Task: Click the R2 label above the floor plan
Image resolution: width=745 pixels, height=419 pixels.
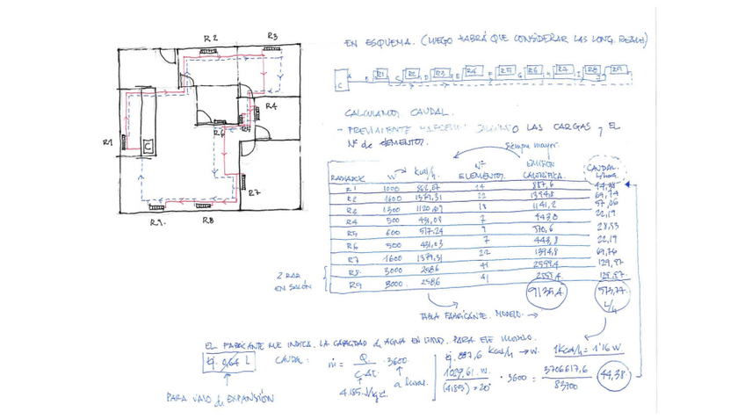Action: (x=211, y=38)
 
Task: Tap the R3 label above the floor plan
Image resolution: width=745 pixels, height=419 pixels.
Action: (x=272, y=36)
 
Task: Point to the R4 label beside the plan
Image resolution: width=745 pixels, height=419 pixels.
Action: (x=271, y=106)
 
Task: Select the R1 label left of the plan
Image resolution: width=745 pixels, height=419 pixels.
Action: (x=107, y=142)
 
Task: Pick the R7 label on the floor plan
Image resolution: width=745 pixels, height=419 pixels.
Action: (x=253, y=192)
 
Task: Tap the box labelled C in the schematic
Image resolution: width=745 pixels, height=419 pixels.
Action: (x=340, y=85)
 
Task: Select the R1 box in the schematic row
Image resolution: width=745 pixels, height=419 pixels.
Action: (x=380, y=76)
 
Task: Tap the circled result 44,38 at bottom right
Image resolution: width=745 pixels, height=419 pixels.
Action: (x=611, y=376)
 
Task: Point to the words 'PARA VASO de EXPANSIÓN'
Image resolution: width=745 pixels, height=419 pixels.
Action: (x=220, y=398)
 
